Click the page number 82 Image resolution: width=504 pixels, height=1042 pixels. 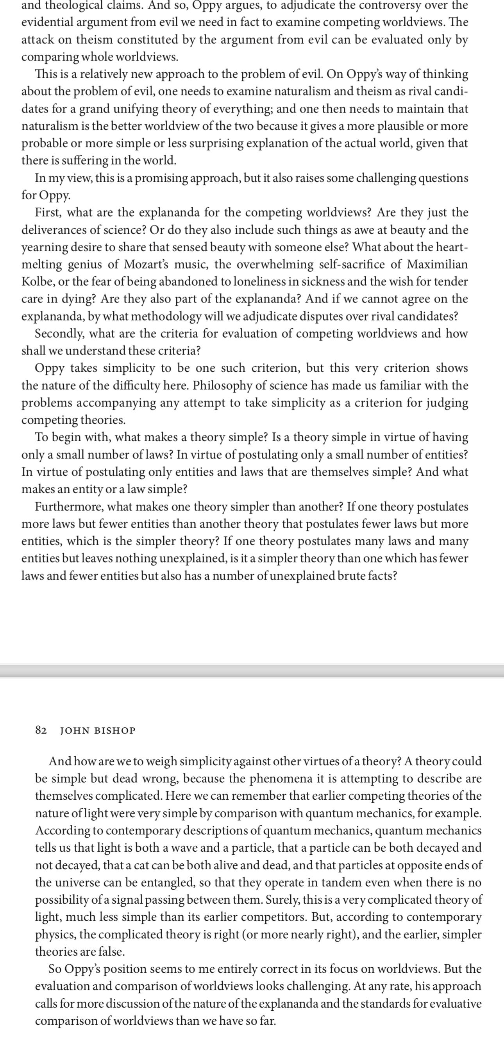point(41,730)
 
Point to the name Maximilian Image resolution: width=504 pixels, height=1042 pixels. point(437,264)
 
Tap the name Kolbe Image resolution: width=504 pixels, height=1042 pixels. point(38,281)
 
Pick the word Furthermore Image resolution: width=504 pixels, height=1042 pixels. point(69,507)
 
